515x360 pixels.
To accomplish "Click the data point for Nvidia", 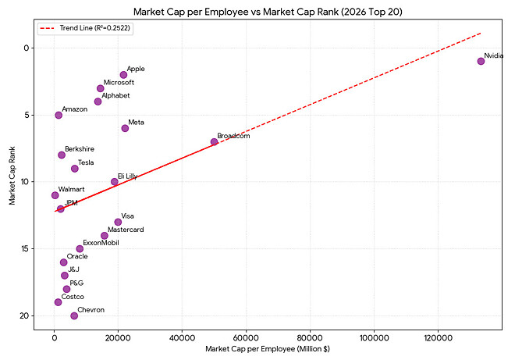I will (x=481, y=61).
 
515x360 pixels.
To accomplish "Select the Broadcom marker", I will (x=214, y=141).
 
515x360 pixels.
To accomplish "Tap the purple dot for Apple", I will (x=123, y=75).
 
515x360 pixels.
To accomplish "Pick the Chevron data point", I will (x=74, y=315).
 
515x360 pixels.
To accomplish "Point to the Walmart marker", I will (x=55, y=195).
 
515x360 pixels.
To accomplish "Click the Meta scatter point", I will (x=125, y=128).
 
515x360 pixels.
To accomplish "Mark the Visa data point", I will (x=118, y=222).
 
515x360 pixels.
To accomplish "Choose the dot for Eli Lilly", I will (x=115, y=181).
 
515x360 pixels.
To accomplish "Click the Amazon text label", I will (x=75, y=109).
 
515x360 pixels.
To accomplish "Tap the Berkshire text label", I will (x=80, y=148).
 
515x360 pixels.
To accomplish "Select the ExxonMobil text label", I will (x=101, y=243).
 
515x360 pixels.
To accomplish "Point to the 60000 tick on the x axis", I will (x=247, y=335).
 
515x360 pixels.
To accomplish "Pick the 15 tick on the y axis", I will (x=25, y=248).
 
